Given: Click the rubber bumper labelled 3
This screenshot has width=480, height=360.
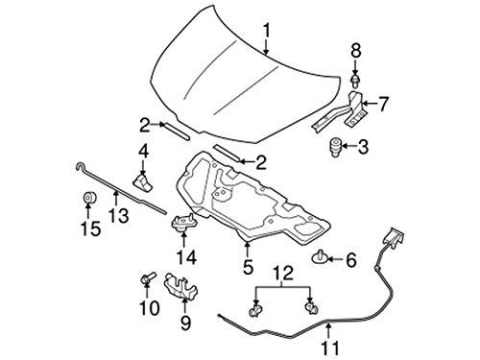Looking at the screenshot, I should [336, 148].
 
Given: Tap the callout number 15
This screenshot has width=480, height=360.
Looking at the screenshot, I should [88, 229].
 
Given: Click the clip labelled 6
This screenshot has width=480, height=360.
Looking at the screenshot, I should [321, 255].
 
